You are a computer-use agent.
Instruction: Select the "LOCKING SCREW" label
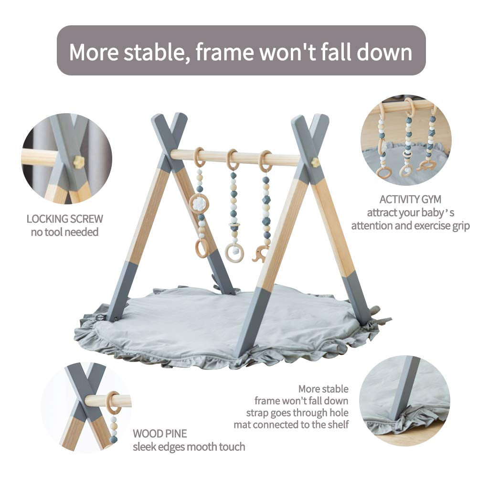coord(64,219)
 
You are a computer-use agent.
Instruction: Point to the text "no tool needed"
coord(65,232)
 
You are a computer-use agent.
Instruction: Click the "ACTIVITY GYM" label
coord(410,199)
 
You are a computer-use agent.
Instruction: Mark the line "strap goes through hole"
coord(297,412)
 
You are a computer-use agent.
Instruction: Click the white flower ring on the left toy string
coord(198,204)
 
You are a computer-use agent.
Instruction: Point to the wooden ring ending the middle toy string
coord(234,252)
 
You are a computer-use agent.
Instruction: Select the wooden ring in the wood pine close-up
coord(113,403)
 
